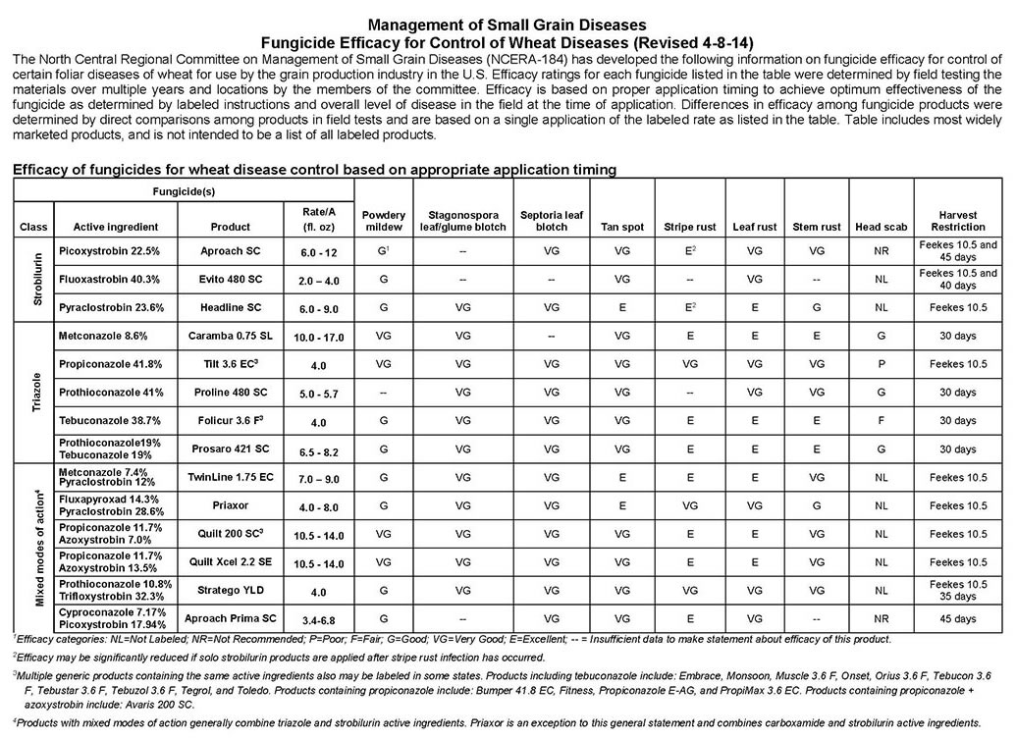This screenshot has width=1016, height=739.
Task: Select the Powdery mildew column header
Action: coord(384,221)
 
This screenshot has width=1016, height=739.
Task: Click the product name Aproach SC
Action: coord(228,251)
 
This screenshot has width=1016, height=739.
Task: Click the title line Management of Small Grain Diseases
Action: coord(507,24)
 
